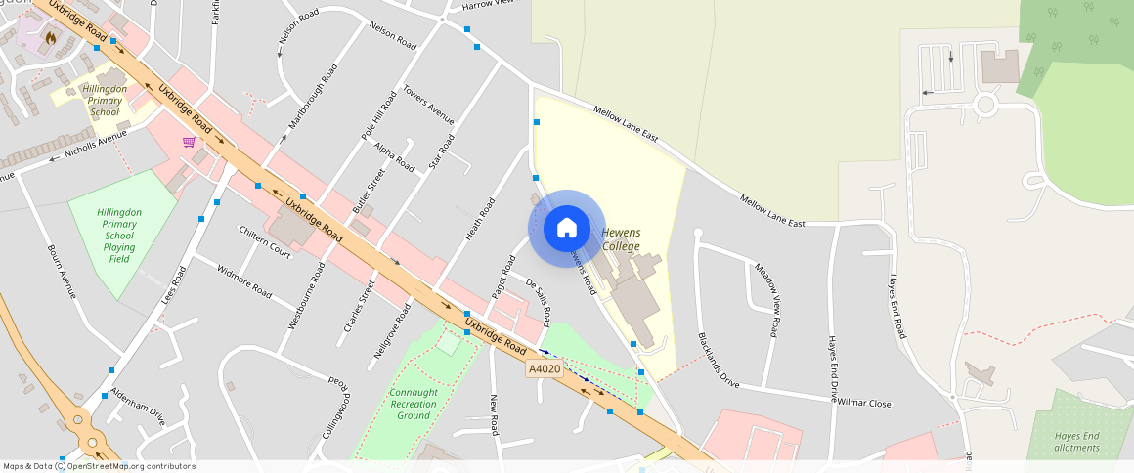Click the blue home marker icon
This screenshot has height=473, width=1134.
pos(566,229)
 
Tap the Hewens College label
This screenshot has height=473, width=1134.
pos(621,239)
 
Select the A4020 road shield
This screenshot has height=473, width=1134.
pos(545,368)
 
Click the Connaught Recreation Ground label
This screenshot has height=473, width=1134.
pos(414,404)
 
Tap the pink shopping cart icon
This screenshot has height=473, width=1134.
pos(189,142)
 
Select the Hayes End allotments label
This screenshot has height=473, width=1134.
pos(1076,442)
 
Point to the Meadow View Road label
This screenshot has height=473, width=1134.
pos(767,300)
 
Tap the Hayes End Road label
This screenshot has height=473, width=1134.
pos(897,306)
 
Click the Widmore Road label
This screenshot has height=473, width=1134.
pos(243,280)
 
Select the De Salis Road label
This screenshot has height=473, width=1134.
pos(539,301)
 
